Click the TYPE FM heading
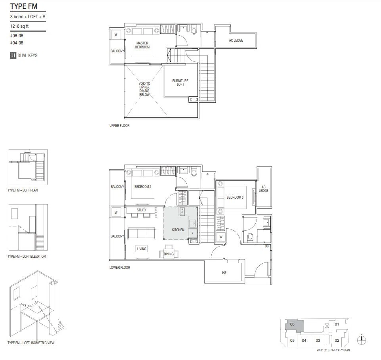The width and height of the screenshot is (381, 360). (x=24, y=6)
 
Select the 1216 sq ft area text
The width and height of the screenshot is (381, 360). (x=19, y=26)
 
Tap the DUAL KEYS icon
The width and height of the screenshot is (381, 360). (x=13, y=56)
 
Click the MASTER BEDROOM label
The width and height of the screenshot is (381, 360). (x=142, y=45)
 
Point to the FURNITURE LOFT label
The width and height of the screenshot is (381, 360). (x=180, y=82)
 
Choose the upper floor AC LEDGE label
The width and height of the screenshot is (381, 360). (x=236, y=40)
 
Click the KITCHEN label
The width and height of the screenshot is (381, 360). (x=178, y=230)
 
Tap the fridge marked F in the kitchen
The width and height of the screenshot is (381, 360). (x=192, y=234)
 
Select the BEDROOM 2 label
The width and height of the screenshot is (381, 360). (x=143, y=187)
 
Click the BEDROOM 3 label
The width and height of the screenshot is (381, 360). (x=235, y=197)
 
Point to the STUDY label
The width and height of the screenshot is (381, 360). (x=142, y=210)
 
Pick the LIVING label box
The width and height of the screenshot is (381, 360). (x=142, y=249)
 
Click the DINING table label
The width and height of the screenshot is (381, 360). (x=168, y=254)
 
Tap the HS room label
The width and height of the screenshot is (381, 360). (x=224, y=273)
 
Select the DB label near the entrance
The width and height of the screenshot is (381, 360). (x=266, y=246)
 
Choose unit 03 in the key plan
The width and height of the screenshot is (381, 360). (x=318, y=340)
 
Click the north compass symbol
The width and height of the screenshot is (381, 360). (x=362, y=340)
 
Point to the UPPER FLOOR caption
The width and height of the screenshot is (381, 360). (x=119, y=126)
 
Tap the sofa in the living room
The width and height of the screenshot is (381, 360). (x=142, y=233)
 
